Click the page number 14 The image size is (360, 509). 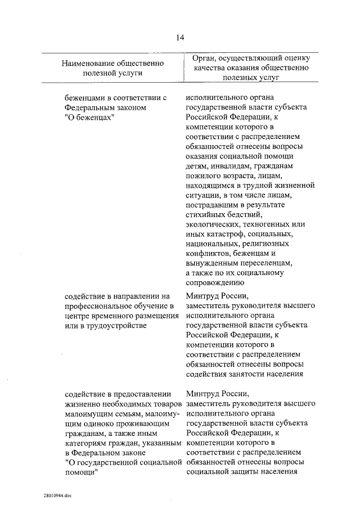[x=180, y=38]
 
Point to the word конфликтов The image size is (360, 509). [x=209, y=254]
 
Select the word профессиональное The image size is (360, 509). [x=97, y=305]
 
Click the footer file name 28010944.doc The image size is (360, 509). [x=57, y=496]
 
